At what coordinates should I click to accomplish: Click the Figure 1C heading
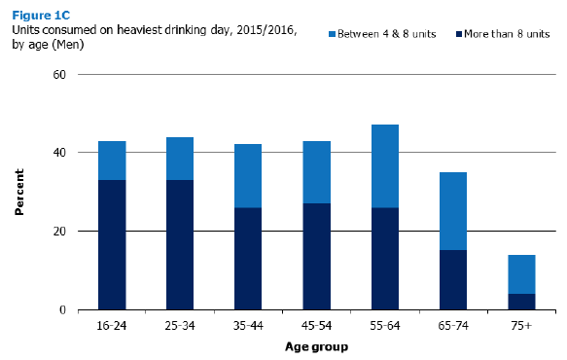coord(41,16)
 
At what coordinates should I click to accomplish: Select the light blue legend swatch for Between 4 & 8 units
coord(332,34)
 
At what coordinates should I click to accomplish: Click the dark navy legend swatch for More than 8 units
coord(459,34)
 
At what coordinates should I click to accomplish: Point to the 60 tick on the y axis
coord(59,75)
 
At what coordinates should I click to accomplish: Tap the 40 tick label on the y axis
coord(59,153)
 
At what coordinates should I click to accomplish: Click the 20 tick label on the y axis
coord(59,232)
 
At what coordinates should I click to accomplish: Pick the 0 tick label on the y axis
coord(62,310)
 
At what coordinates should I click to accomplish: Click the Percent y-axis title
coord(19,192)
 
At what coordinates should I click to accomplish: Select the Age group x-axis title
coord(316,347)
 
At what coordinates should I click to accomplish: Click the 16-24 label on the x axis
coord(112,326)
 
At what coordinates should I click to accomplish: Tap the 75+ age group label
coord(521,326)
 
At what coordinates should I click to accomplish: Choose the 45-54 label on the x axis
coord(316,326)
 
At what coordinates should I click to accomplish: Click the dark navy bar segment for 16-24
coord(112,245)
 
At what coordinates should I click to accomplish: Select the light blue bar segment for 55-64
coord(385,166)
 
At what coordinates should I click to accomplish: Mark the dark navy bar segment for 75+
coord(521,302)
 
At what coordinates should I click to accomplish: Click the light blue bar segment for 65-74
coord(453,211)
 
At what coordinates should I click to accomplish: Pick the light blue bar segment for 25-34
coord(180,159)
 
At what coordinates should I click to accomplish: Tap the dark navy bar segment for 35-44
coord(248,259)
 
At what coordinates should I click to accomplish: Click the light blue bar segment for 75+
coord(521,274)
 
